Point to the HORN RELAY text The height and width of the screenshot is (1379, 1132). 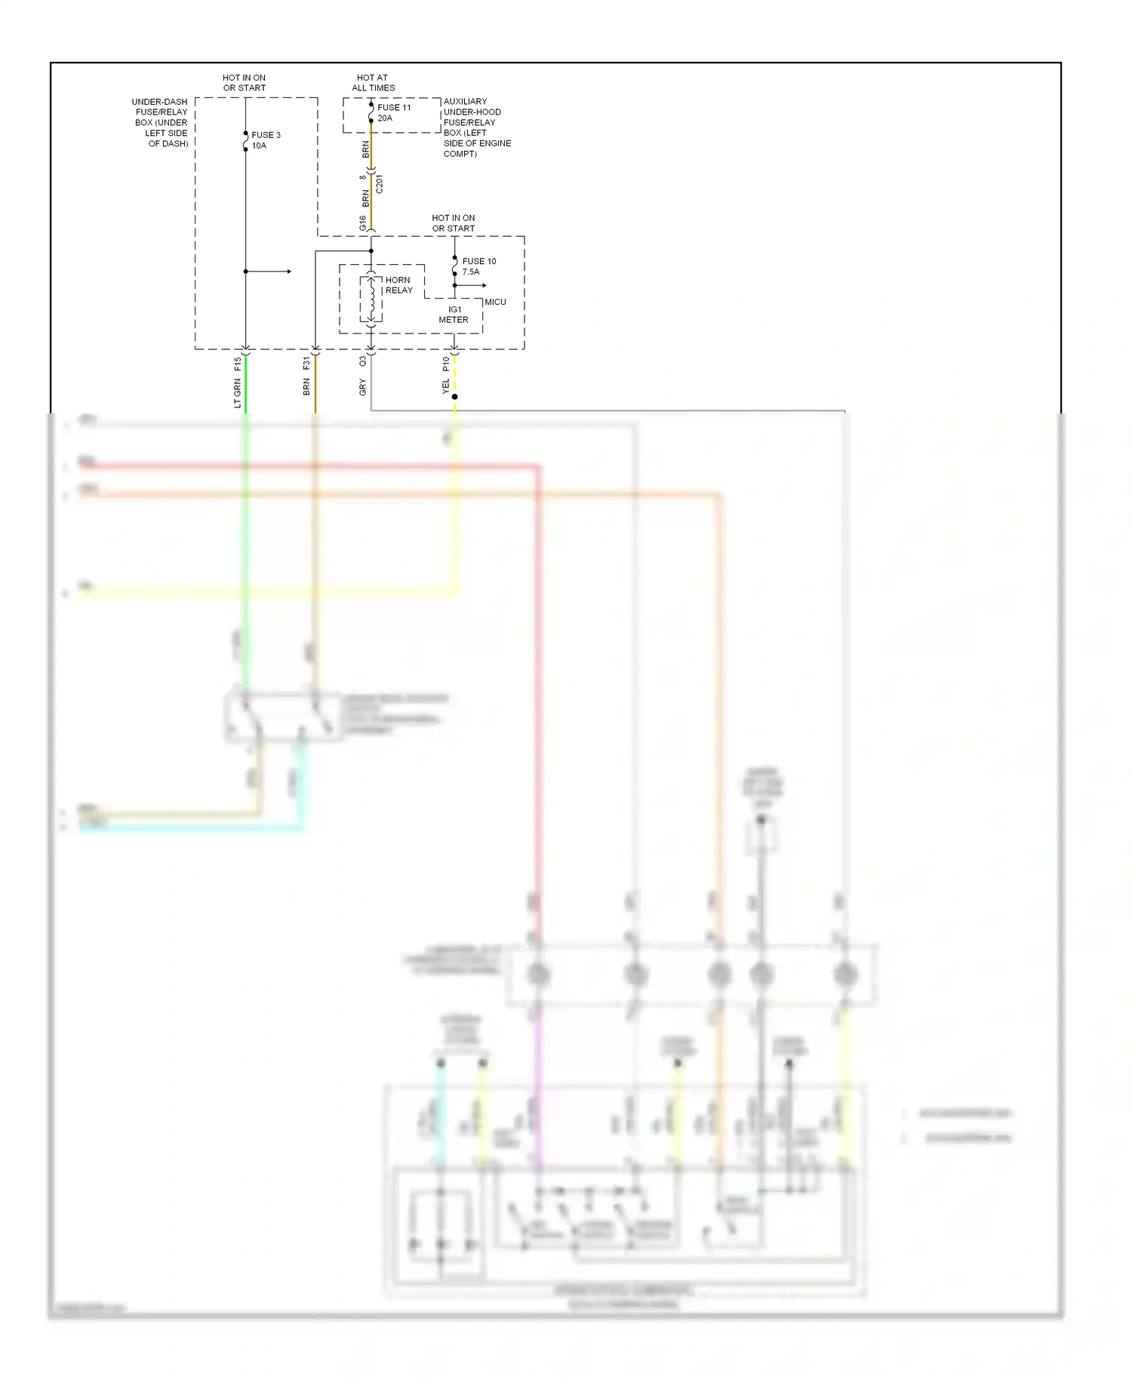coord(398,285)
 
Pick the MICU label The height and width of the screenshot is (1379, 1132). coord(495,302)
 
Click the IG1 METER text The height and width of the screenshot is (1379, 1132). coord(454,315)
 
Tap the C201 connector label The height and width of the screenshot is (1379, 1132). coord(380,184)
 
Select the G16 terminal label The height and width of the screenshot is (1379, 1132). coord(363,223)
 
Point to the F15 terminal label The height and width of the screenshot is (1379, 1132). coord(238,364)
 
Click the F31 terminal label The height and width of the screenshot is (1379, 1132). coord(306,364)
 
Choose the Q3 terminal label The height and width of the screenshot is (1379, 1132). coord(363,362)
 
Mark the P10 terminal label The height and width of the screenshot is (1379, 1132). coord(446,364)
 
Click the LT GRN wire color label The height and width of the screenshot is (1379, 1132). coord(238,394)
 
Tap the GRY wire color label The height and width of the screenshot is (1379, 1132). coord(363,388)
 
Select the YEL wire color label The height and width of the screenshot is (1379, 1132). coord(446,387)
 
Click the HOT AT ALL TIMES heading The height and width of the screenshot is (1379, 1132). coord(373,82)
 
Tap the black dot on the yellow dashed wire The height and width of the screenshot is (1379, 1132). coord(454,397)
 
